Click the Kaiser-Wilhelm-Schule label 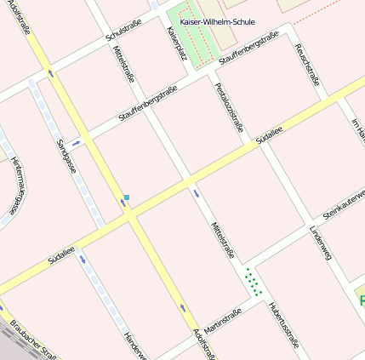tap(217, 21)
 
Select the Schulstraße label tap(123, 32)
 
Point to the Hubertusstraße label tap(282, 325)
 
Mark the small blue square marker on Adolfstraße tap(127, 197)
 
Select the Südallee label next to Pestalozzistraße tap(270, 137)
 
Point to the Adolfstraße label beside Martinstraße tap(204, 343)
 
